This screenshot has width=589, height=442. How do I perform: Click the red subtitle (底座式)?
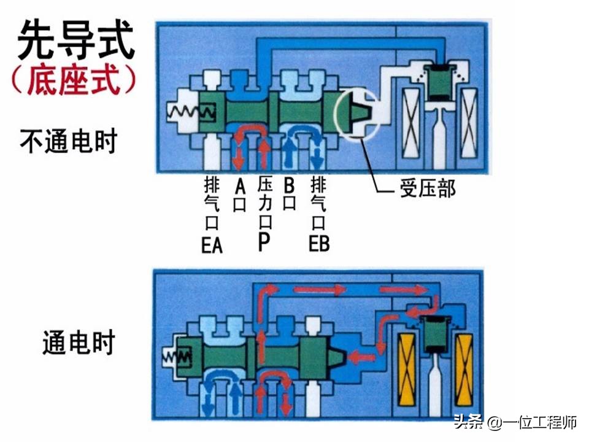coord(74,80)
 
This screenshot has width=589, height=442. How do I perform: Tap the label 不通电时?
coord(67,142)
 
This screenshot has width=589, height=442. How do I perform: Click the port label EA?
coord(212,244)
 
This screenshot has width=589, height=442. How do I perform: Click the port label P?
coord(264,243)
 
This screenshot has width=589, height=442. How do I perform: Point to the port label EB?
coord(318,243)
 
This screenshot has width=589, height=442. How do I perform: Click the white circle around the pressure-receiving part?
coord(358,115)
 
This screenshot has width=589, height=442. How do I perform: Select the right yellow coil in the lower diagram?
coord(464,371)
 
